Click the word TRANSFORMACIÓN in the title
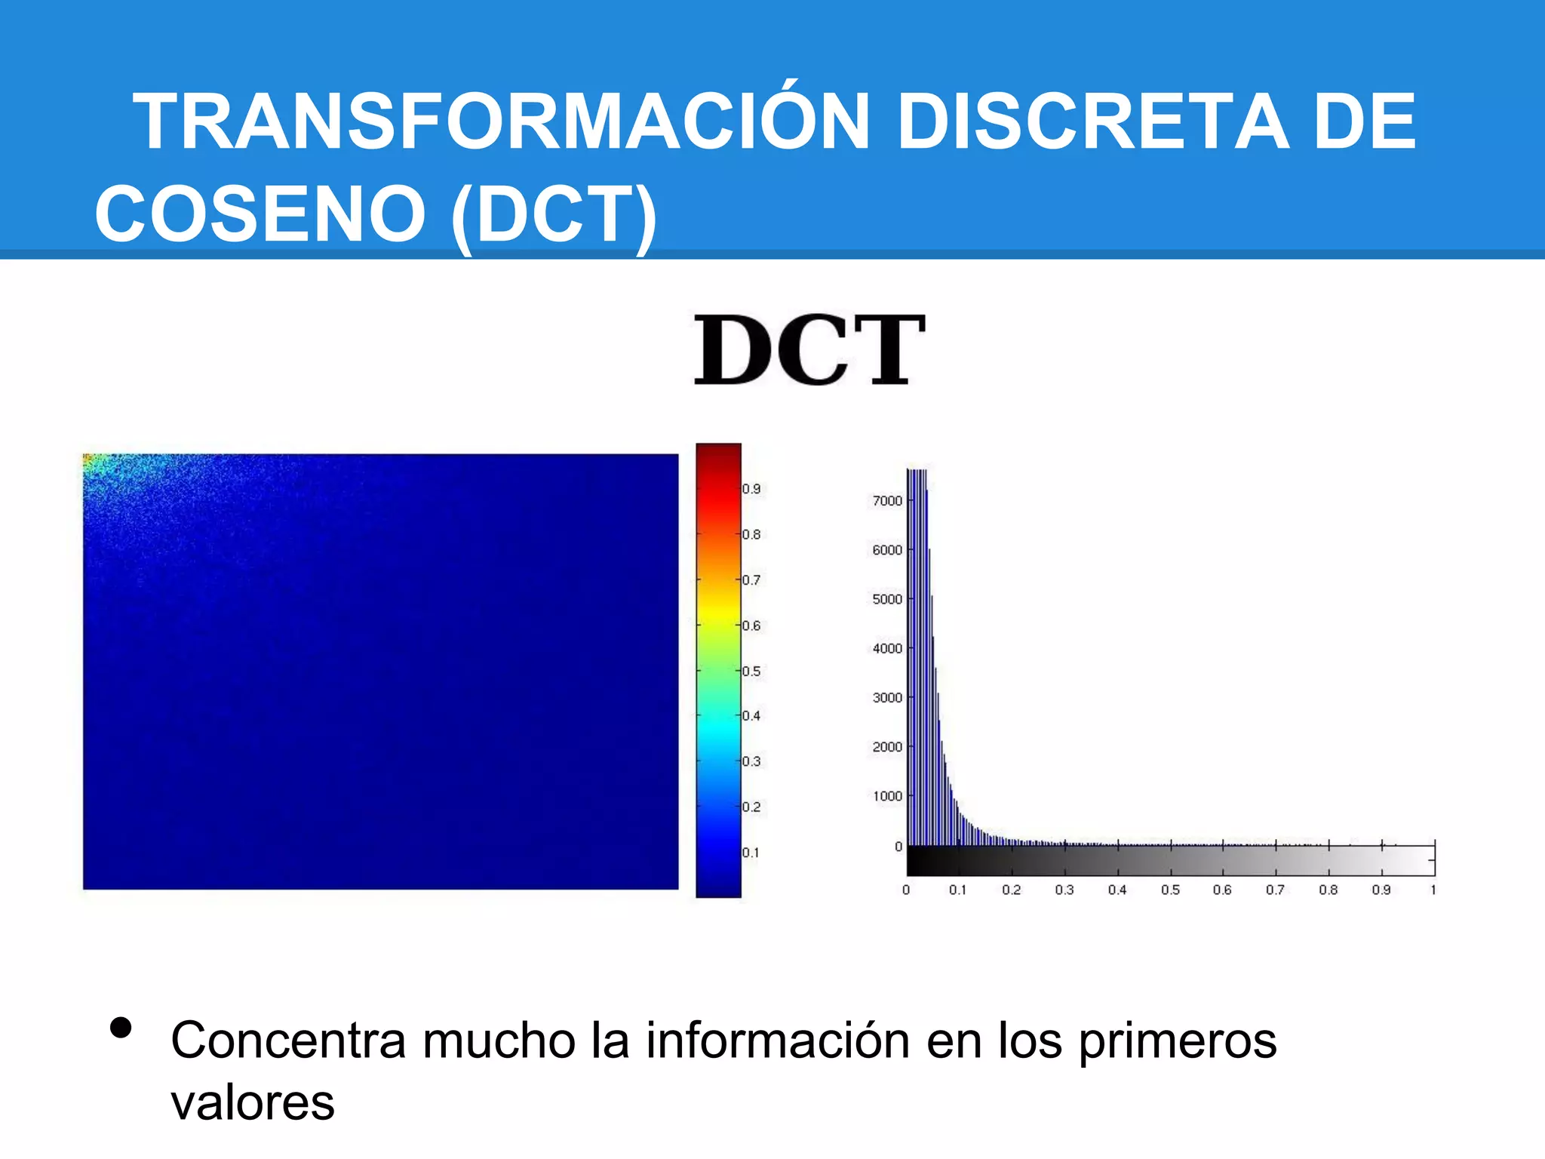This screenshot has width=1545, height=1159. (x=502, y=122)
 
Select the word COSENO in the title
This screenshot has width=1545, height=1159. (x=260, y=214)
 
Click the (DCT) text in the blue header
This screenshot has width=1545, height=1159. (x=554, y=216)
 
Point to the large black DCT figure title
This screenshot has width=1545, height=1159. (x=809, y=350)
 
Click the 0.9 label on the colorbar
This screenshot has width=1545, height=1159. (x=751, y=489)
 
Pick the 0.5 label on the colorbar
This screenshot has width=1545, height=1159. (x=751, y=672)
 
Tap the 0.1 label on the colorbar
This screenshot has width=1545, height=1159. (x=751, y=853)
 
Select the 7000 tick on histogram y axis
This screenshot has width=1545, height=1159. (x=887, y=501)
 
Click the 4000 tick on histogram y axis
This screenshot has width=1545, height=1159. (x=887, y=649)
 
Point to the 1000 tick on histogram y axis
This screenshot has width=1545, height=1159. (x=887, y=796)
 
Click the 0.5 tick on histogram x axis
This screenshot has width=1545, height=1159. (x=1170, y=890)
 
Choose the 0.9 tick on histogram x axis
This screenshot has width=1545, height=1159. (x=1381, y=890)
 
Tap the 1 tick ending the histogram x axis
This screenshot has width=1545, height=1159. (x=1433, y=890)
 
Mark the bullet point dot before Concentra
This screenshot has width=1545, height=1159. (x=121, y=1028)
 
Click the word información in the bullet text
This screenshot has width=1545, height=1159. (x=778, y=1041)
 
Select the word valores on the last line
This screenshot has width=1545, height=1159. (x=253, y=1103)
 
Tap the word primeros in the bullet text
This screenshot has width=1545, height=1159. (x=1178, y=1041)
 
